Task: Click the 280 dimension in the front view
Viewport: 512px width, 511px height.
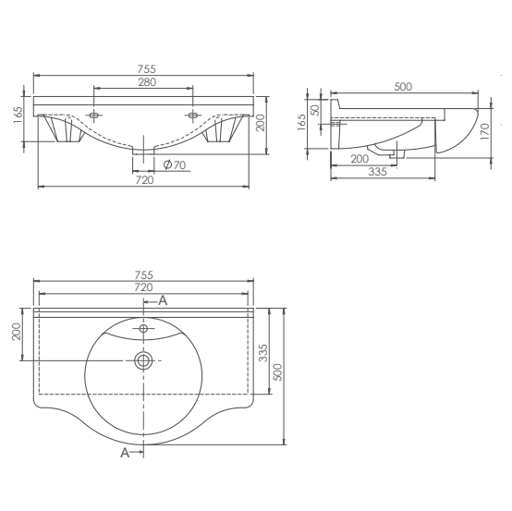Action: pos(143,82)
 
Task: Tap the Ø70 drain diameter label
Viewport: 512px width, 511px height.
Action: pos(174,164)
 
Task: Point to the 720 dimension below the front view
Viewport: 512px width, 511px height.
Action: pos(144,180)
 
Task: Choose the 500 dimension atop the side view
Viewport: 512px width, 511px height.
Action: pos(403,86)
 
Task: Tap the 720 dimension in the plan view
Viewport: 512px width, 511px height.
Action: pos(143,288)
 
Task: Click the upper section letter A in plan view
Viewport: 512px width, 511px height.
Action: pos(163,300)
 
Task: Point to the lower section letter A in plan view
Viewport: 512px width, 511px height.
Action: pos(125,453)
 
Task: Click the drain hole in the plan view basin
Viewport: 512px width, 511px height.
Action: pos(143,359)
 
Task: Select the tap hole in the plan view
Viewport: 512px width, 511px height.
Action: pos(143,329)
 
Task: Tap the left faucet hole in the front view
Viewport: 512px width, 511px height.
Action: pos(94,116)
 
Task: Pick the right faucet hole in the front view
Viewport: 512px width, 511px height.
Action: pos(192,116)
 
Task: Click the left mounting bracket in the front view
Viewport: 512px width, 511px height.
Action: pos(67,131)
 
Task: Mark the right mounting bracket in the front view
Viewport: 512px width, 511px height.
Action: pos(220,131)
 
